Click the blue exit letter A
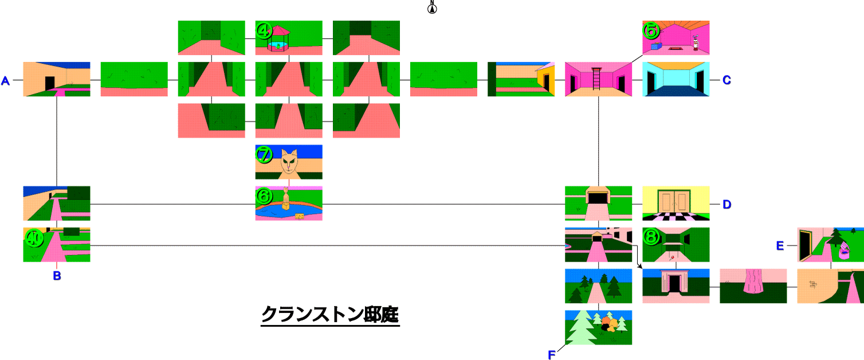(x=5, y=81)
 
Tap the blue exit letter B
(x=57, y=276)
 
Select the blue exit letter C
(x=726, y=80)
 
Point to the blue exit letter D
(x=726, y=205)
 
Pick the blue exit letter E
(x=780, y=246)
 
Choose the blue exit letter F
(x=552, y=355)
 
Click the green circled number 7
(x=264, y=154)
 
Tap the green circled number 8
(x=651, y=237)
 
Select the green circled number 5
(x=651, y=30)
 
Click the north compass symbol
(x=432, y=7)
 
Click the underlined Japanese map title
(x=330, y=315)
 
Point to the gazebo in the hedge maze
(x=278, y=38)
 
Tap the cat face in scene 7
(x=289, y=162)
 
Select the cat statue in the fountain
(x=286, y=198)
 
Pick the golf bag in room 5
(x=696, y=43)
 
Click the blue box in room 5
(x=657, y=46)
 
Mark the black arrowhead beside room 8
(x=640, y=266)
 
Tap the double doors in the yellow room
(x=674, y=201)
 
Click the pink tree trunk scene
(x=753, y=286)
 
